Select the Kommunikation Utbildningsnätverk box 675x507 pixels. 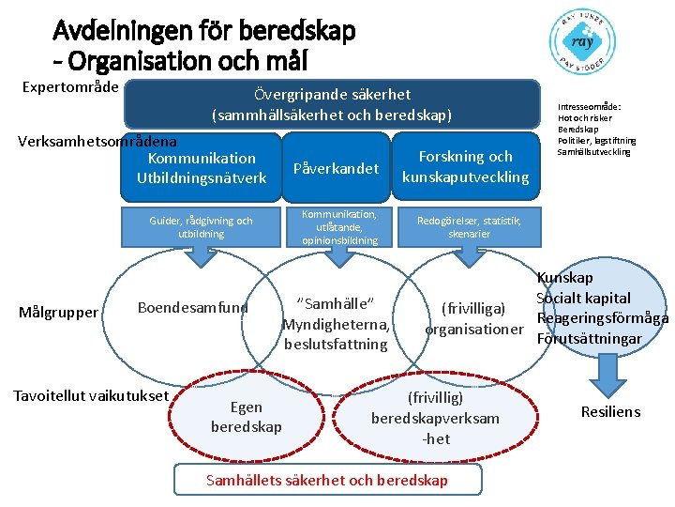tap(195, 167)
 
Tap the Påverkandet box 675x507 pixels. tap(336, 168)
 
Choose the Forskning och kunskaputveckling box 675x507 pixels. tap(466, 167)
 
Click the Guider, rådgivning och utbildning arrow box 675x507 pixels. tap(201, 228)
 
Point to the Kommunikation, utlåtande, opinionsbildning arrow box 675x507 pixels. tap(339, 228)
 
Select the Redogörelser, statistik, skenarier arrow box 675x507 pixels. tap(470, 226)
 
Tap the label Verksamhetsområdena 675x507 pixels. tap(97, 142)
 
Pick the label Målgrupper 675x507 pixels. tap(58, 312)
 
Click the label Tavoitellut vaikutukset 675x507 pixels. tap(90, 395)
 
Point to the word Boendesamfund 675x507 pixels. tap(193, 307)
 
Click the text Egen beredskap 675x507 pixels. tap(246, 417)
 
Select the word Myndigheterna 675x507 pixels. tap(337, 324)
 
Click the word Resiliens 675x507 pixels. tap(610, 411)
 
